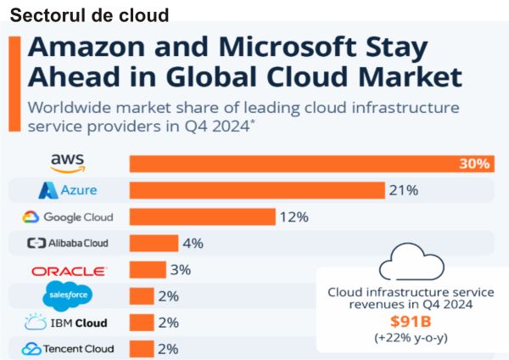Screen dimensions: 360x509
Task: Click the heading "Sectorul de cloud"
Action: tap(90, 15)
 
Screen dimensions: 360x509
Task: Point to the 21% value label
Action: tap(405, 190)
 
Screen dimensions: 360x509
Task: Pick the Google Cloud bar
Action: tap(202, 217)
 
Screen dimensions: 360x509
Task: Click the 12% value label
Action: tap(294, 217)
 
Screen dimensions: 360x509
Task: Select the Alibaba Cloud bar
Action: tap(154, 243)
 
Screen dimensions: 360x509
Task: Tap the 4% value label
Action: tap(193, 243)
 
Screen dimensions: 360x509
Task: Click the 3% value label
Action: tap(180, 270)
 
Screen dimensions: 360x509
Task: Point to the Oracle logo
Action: tap(69, 271)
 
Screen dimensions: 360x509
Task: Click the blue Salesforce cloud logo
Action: tap(67, 296)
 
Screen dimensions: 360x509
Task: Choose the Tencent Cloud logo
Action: tap(67, 348)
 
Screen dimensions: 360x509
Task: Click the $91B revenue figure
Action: tap(411, 321)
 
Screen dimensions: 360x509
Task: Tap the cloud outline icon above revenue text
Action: tap(411, 262)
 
